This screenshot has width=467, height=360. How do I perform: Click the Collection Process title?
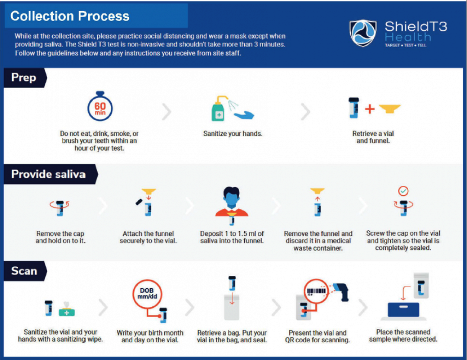70,16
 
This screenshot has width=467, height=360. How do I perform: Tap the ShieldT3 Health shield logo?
363,33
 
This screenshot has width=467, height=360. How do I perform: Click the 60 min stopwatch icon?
100,106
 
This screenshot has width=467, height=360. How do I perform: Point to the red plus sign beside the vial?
370,109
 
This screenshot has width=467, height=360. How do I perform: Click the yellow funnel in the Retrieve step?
390,108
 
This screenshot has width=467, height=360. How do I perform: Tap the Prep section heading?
23,77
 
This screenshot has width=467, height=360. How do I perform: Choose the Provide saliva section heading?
48,174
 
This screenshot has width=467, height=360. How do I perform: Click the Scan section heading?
24,271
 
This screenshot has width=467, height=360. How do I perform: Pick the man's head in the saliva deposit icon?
231,197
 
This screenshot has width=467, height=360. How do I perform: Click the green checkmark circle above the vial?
403,191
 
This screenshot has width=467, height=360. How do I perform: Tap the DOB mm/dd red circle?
147,294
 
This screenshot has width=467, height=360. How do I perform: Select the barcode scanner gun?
341,291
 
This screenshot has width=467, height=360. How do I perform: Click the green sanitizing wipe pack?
67,310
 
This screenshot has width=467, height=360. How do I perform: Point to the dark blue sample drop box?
403,310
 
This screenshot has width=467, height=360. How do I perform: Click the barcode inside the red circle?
316,291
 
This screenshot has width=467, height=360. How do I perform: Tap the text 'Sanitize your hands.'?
233,134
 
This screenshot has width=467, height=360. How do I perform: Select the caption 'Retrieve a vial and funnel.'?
373,137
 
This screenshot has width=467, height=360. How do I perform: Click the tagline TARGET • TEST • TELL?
405,45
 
